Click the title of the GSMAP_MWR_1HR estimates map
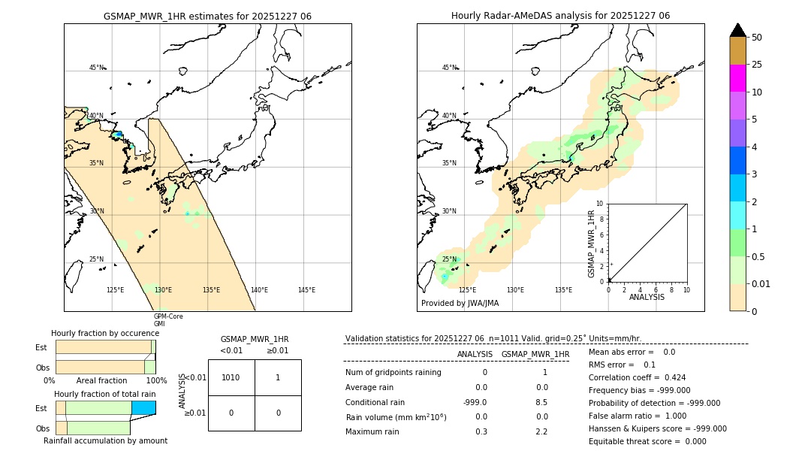(x=207, y=16)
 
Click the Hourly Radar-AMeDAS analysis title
(x=560, y=16)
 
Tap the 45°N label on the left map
(x=96, y=68)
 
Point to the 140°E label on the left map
(x=258, y=290)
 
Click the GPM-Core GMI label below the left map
(x=168, y=320)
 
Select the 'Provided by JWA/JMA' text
(x=460, y=303)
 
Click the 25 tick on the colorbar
(x=757, y=65)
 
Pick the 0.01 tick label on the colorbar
(x=761, y=283)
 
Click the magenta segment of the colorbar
(x=737, y=78)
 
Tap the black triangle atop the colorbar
(x=737, y=30)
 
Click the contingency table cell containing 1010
(x=231, y=377)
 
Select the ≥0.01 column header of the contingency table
(x=277, y=350)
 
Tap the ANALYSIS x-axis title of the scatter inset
(x=647, y=297)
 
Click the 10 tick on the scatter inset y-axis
(x=600, y=204)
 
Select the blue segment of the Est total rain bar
(x=143, y=407)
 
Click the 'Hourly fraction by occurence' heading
(x=105, y=333)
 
